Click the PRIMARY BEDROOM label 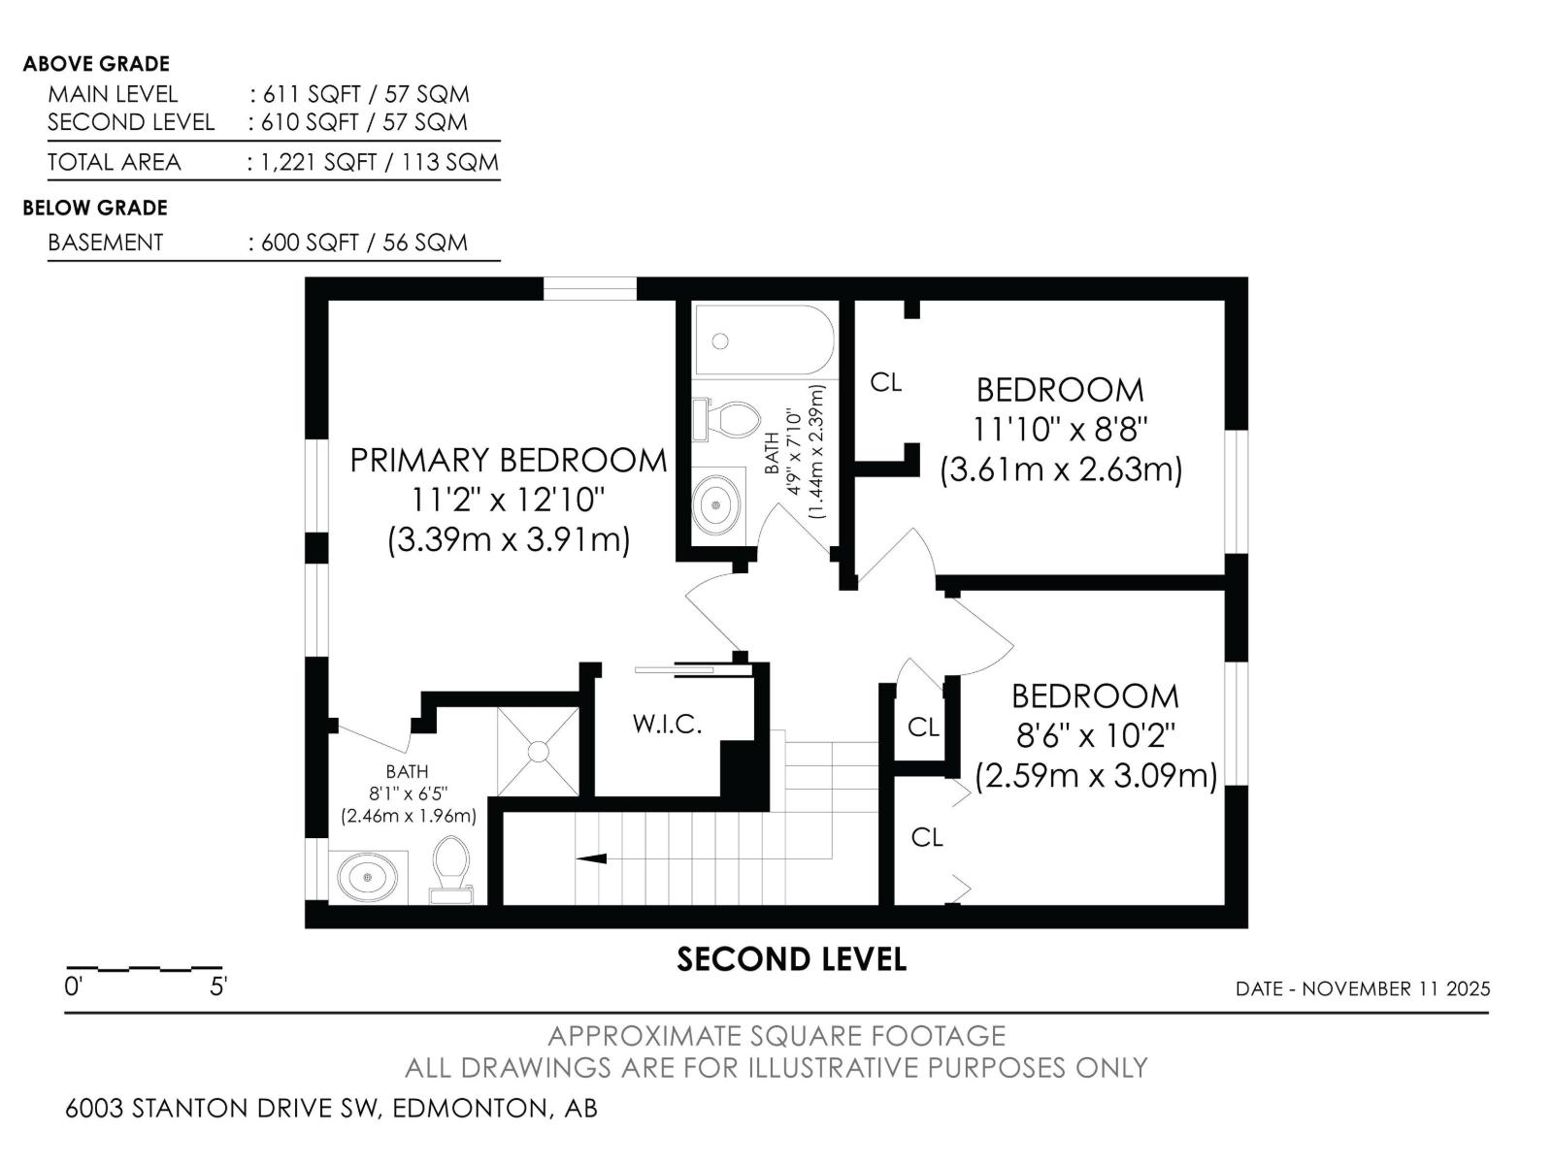tap(509, 461)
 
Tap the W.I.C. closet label tap(667, 724)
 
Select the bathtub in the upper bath tap(764, 339)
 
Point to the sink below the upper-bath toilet tap(715, 504)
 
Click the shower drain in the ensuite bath tap(538, 751)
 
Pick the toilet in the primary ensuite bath tap(450, 869)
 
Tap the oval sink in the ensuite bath tap(367, 876)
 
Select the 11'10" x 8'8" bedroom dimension tap(1060, 429)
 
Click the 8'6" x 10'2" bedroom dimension tap(1095, 735)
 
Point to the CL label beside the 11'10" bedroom tap(886, 382)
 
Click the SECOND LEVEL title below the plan tap(791, 959)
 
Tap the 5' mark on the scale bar tap(218, 986)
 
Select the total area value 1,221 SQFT tap(319, 163)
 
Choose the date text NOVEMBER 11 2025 tap(1396, 988)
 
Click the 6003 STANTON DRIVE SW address tap(223, 1108)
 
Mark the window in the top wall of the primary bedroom tap(589, 289)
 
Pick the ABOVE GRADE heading tap(96, 64)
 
